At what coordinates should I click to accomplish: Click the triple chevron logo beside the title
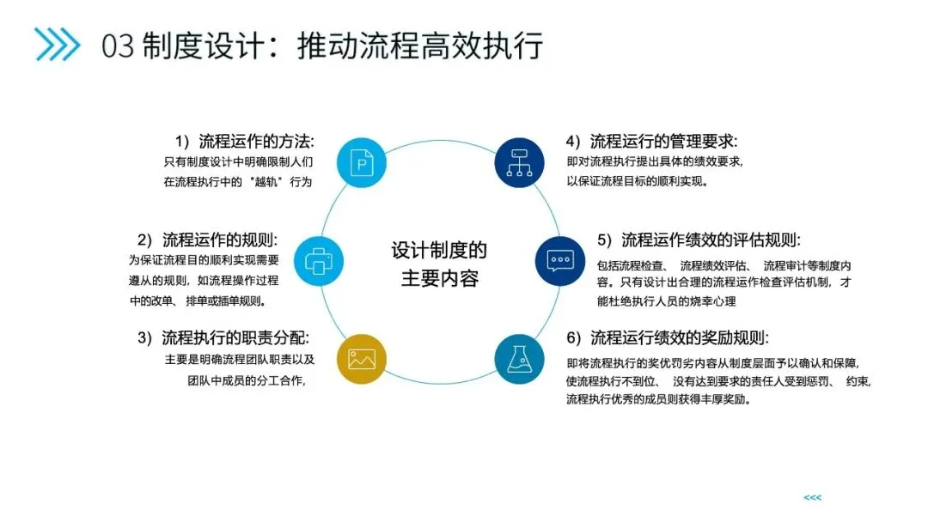(x=56, y=45)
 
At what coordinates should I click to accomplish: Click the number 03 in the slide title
(x=118, y=46)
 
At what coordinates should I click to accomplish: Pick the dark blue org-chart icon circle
(x=520, y=161)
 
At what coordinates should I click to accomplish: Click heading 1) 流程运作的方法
(x=244, y=141)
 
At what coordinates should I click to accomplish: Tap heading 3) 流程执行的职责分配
(x=223, y=337)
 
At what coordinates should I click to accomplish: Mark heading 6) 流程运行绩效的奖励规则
(x=667, y=337)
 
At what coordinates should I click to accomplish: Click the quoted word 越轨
(x=266, y=182)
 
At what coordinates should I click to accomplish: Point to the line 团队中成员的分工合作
(x=247, y=380)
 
